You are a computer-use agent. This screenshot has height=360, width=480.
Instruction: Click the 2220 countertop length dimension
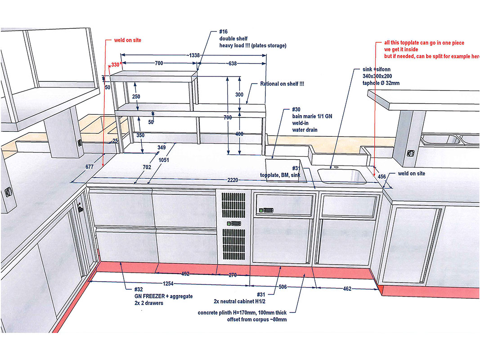tap(232, 180)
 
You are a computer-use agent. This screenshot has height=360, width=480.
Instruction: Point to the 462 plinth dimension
tap(347, 288)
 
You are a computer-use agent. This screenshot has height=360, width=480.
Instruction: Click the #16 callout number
tap(224, 32)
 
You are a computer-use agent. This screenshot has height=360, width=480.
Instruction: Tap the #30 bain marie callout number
tap(296, 109)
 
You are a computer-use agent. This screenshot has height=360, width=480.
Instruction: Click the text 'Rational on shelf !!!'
tap(283, 84)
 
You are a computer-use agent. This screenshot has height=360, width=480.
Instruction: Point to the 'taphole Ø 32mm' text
tap(381, 83)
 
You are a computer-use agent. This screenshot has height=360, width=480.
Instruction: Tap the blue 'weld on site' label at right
tap(412, 174)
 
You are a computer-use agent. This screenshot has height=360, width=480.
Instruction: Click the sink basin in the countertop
tap(341, 175)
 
